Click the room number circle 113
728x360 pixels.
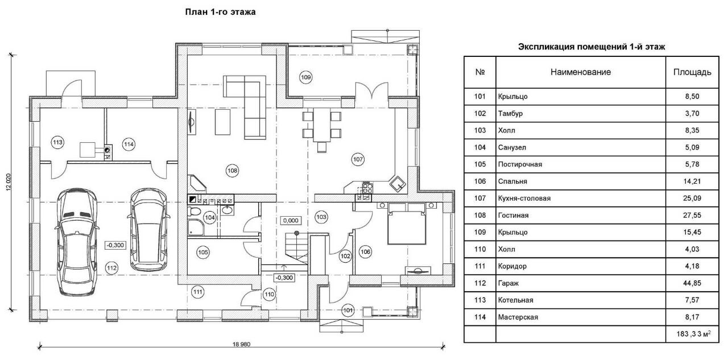pos(57,142)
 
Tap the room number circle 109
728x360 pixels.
pos(305,77)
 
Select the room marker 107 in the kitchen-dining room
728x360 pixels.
pos(358,159)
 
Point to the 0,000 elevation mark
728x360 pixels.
pos(291,221)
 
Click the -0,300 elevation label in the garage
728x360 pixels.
pos(115,245)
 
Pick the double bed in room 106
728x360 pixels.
pos(407,224)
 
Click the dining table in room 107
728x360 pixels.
pos(322,125)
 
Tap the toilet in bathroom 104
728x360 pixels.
pos(195,212)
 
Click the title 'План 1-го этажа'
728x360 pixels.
pos(220,12)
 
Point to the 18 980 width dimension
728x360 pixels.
pos(242,345)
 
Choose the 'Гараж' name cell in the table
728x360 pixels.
pos(508,283)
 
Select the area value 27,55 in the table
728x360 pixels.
pos(692,216)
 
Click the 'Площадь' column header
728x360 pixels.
pos(692,72)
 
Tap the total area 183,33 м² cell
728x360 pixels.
pos(693,334)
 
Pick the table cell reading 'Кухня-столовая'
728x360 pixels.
pos(524,198)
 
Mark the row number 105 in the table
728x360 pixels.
pos(479,164)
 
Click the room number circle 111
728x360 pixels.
pos(197,292)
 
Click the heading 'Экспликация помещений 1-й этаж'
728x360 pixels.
pos(591,47)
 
